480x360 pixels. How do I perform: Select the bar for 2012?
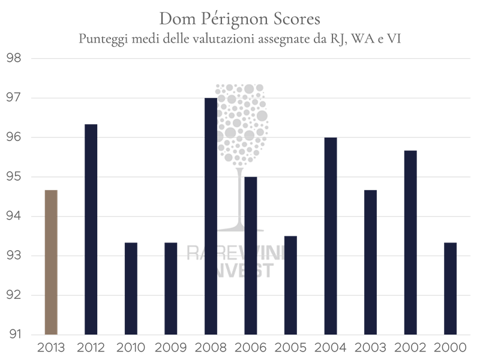coord(91,229)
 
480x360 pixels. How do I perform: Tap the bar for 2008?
coord(211,216)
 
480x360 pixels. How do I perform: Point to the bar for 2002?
coord(410,242)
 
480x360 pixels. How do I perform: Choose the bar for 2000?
coord(451,288)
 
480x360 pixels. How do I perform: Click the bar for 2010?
coord(131,288)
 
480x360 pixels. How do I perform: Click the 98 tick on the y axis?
coord(13,59)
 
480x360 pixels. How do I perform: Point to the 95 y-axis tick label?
coord(13,177)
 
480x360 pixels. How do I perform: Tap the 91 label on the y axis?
coord(13,335)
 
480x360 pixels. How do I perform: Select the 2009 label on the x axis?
coord(171,347)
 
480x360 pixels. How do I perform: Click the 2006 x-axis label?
coord(251,347)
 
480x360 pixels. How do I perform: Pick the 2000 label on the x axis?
coord(451,347)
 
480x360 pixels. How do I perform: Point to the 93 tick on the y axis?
coord(13,256)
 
